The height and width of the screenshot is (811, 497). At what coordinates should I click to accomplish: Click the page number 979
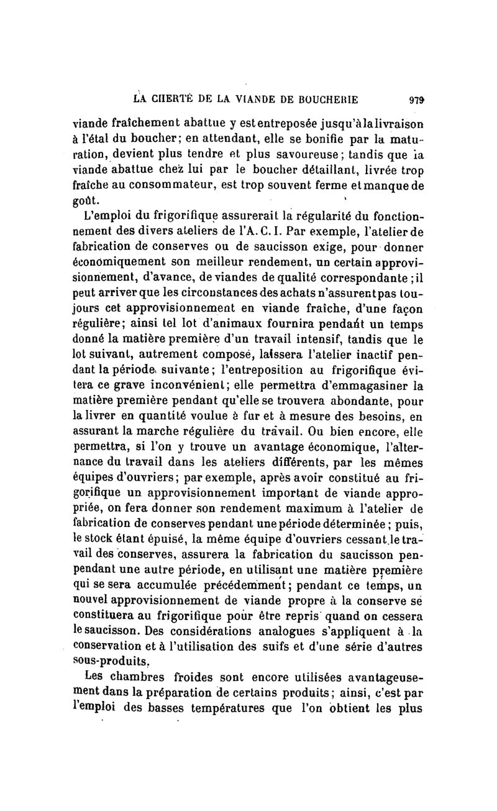[417, 98]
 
